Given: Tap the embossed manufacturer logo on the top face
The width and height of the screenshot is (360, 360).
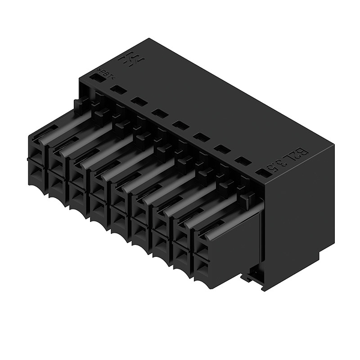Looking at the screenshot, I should click(x=128, y=60).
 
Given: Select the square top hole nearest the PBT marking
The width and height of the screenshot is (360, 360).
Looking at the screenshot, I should click(x=118, y=89).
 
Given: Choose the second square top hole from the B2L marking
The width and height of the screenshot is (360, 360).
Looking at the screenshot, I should click(x=242, y=161).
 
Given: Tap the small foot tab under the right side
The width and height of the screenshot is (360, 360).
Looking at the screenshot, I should click(x=252, y=277).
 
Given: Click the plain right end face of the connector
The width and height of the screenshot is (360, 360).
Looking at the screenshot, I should click(x=300, y=210).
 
